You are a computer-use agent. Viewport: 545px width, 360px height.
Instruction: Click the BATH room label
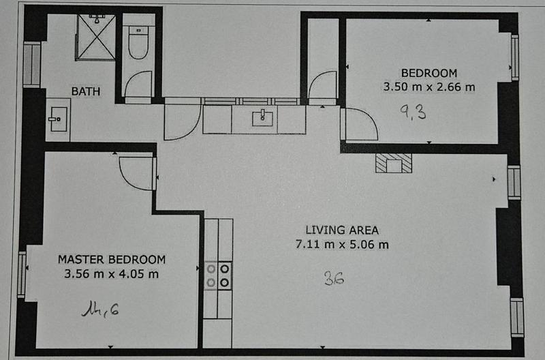pos(86,90)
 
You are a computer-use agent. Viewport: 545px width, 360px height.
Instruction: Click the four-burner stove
pos(218,274)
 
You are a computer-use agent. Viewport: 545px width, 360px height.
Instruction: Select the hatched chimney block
pos(394,163)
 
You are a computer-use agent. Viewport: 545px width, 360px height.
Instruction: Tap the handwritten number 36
pos(333,277)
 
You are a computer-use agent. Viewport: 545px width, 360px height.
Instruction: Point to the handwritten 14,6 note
pos(100,310)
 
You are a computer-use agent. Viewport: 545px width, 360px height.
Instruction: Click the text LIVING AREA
pos(341,230)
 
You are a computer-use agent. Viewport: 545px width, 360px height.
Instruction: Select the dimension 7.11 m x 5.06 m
pos(341,244)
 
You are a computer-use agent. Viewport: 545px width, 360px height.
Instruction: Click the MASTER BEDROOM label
pos(111,259)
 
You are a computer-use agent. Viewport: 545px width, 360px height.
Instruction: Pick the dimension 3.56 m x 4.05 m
pos(111,274)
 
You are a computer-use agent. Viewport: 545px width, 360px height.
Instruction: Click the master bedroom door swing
pos(138,172)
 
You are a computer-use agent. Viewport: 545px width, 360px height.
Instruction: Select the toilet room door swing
pos(138,85)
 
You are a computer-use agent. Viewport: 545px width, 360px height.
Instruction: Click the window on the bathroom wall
pos(31,65)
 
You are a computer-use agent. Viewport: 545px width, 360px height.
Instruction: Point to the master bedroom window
pos(22,274)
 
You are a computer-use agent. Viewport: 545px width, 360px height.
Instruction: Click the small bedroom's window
pos(514,57)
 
